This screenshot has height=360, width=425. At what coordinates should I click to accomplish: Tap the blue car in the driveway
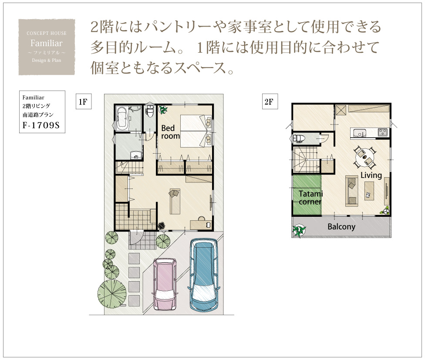click(x=203, y=275)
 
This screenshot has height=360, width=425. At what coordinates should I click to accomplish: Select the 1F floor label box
click(x=84, y=101)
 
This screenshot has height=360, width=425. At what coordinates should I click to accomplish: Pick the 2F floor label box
click(x=270, y=101)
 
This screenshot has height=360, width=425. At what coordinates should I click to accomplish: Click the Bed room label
click(x=170, y=132)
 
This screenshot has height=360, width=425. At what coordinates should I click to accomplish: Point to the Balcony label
click(x=341, y=226)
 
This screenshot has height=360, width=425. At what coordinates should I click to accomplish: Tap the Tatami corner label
click(x=310, y=198)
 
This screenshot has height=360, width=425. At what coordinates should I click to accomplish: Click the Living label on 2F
click(x=371, y=175)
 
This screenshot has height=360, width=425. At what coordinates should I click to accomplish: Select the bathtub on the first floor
click(x=122, y=118)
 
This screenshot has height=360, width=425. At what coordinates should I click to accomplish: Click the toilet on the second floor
click(x=298, y=138)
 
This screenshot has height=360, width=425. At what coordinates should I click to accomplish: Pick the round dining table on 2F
click(x=364, y=158)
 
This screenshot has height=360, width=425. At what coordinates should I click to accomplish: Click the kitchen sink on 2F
click(x=359, y=133)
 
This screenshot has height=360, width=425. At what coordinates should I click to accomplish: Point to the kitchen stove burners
click(x=383, y=132)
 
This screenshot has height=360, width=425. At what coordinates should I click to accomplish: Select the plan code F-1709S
click(x=41, y=125)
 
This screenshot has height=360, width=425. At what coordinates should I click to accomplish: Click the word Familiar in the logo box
click(x=46, y=43)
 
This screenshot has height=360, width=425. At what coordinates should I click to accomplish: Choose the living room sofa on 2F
click(x=352, y=191)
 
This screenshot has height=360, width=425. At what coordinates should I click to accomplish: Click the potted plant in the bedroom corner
click(x=163, y=109)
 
